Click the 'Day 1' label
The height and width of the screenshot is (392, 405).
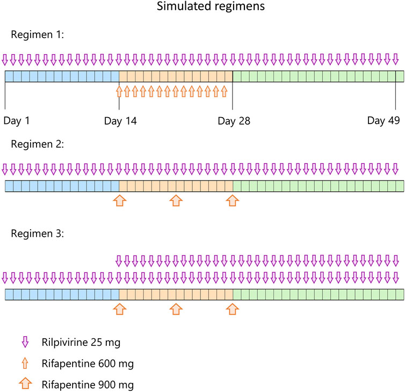(x=17, y=121)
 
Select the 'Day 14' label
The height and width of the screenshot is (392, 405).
(x=120, y=121)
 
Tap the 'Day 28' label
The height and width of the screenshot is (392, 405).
(x=234, y=121)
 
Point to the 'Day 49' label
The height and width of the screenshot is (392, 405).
(x=384, y=121)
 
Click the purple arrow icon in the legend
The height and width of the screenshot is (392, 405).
(x=24, y=342)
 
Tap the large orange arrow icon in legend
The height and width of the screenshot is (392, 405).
(x=24, y=384)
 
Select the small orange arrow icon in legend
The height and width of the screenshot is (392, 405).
(x=24, y=364)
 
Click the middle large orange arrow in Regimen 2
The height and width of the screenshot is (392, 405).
(x=176, y=200)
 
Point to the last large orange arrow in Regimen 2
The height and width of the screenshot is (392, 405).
(x=232, y=200)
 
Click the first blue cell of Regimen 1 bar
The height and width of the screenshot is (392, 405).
(x=9, y=76)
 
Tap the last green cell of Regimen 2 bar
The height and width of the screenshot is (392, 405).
(x=399, y=186)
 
